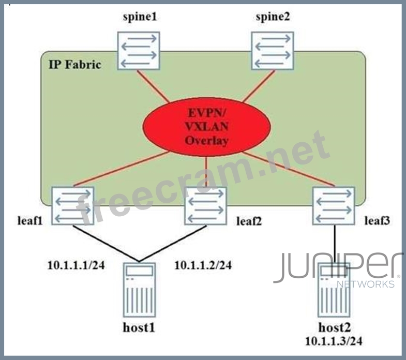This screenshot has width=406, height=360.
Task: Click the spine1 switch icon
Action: (138, 51)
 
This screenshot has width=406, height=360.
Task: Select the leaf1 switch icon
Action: (72, 206)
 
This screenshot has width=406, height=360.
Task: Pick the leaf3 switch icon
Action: (334, 206)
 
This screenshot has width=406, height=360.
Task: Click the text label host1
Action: (139, 327)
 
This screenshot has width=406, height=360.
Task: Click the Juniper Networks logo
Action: (338, 269)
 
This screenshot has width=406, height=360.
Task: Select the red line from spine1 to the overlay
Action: (154, 86)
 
